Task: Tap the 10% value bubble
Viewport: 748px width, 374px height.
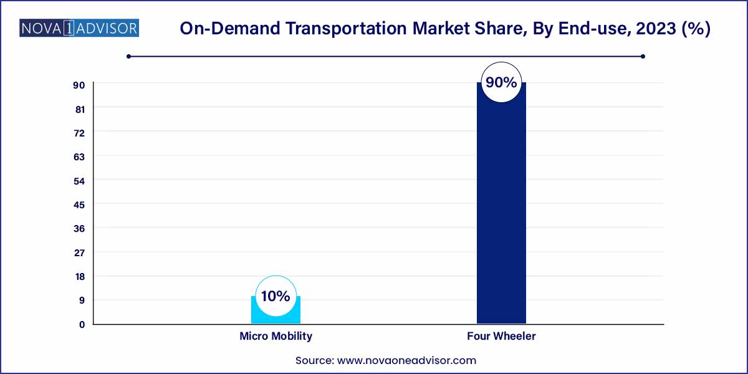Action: click(276, 296)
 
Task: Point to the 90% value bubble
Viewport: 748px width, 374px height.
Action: click(501, 82)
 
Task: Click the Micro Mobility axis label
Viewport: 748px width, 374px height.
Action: click(276, 336)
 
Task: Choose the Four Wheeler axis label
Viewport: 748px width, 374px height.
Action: click(501, 336)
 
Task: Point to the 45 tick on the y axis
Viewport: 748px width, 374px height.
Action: click(79, 204)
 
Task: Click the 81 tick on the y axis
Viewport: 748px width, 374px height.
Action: click(79, 108)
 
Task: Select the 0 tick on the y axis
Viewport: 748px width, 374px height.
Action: click(82, 324)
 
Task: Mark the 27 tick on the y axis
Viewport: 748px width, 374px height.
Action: click(79, 252)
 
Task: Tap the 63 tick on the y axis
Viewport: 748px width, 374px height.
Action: click(79, 156)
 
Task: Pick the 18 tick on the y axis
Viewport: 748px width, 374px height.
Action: click(79, 276)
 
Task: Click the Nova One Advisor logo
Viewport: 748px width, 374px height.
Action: click(79, 28)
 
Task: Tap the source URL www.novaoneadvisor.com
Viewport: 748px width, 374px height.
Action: click(406, 360)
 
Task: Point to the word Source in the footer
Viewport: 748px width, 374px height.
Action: click(314, 360)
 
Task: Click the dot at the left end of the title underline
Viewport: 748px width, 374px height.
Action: click(128, 57)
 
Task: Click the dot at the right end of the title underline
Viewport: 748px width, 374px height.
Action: click(643, 57)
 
